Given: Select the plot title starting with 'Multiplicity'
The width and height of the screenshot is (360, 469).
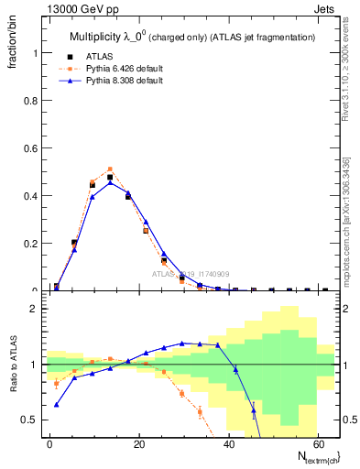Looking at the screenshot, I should click(x=192, y=37).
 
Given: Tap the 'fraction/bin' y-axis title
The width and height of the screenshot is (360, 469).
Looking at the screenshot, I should click(x=13, y=48).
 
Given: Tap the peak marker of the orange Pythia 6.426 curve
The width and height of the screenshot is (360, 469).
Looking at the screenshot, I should click(x=110, y=169).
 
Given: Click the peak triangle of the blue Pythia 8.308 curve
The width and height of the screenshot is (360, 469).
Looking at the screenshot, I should click(x=110, y=182).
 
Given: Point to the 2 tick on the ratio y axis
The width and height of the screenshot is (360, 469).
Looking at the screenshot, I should click(x=34, y=310).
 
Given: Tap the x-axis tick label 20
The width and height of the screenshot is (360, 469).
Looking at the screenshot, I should click(x=139, y=443).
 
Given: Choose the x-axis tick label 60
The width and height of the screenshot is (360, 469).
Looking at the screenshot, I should click(x=318, y=443).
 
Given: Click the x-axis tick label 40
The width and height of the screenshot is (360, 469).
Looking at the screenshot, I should click(x=229, y=443).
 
